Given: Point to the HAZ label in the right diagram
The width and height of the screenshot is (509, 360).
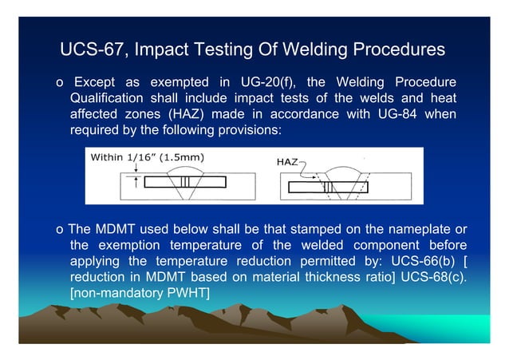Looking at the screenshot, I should pyautogui.click(x=287, y=162).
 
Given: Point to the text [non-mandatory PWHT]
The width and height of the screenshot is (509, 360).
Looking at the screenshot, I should pyautogui.click(x=140, y=294).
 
